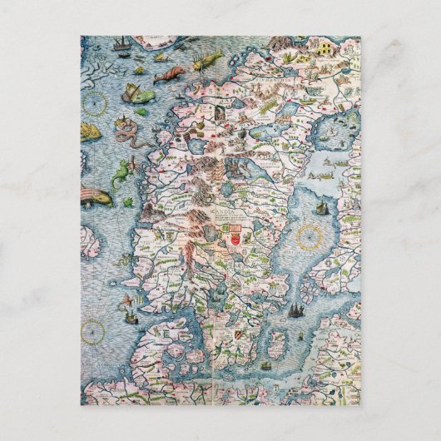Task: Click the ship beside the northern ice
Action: (x=123, y=42)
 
